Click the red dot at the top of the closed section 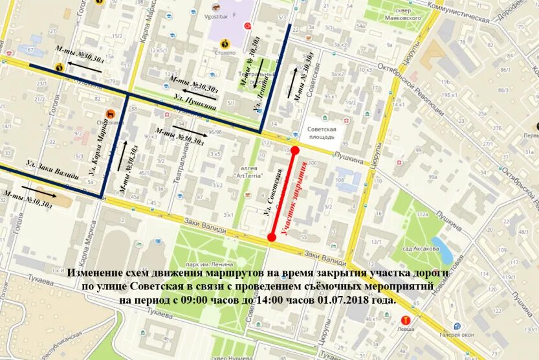pyautogui.click(x=294, y=150)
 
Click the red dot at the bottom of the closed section pyautogui.click(x=272, y=237)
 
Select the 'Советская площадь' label pyautogui.click(x=321, y=132)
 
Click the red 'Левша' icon pyautogui.click(x=406, y=319)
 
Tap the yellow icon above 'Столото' pyautogui.click(x=225, y=44)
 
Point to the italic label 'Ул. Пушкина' pyautogui.click(x=192, y=97)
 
